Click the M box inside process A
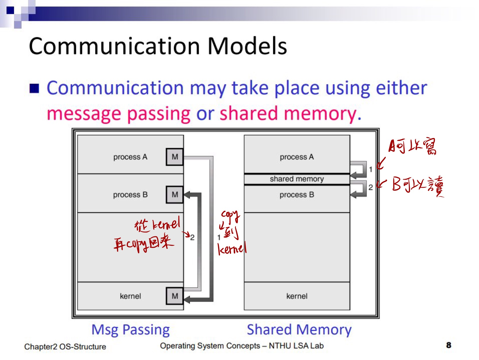point(175,157)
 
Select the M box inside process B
point(175,195)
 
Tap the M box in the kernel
point(175,296)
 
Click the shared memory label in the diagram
point(297,179)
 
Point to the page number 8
point(449,345)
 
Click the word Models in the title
point(247,46)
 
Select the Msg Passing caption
point(130,330)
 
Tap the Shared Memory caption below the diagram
point(299,330)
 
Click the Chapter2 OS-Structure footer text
point(65,347)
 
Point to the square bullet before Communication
point(34,89)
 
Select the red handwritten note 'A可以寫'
point(413,147)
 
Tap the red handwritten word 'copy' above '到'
point(230,215)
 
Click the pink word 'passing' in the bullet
point(159,114)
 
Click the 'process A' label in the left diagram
point(130,157)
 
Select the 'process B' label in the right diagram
point(297,195)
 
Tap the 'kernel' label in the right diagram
point(297,296)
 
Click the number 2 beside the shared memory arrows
point(371,187)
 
